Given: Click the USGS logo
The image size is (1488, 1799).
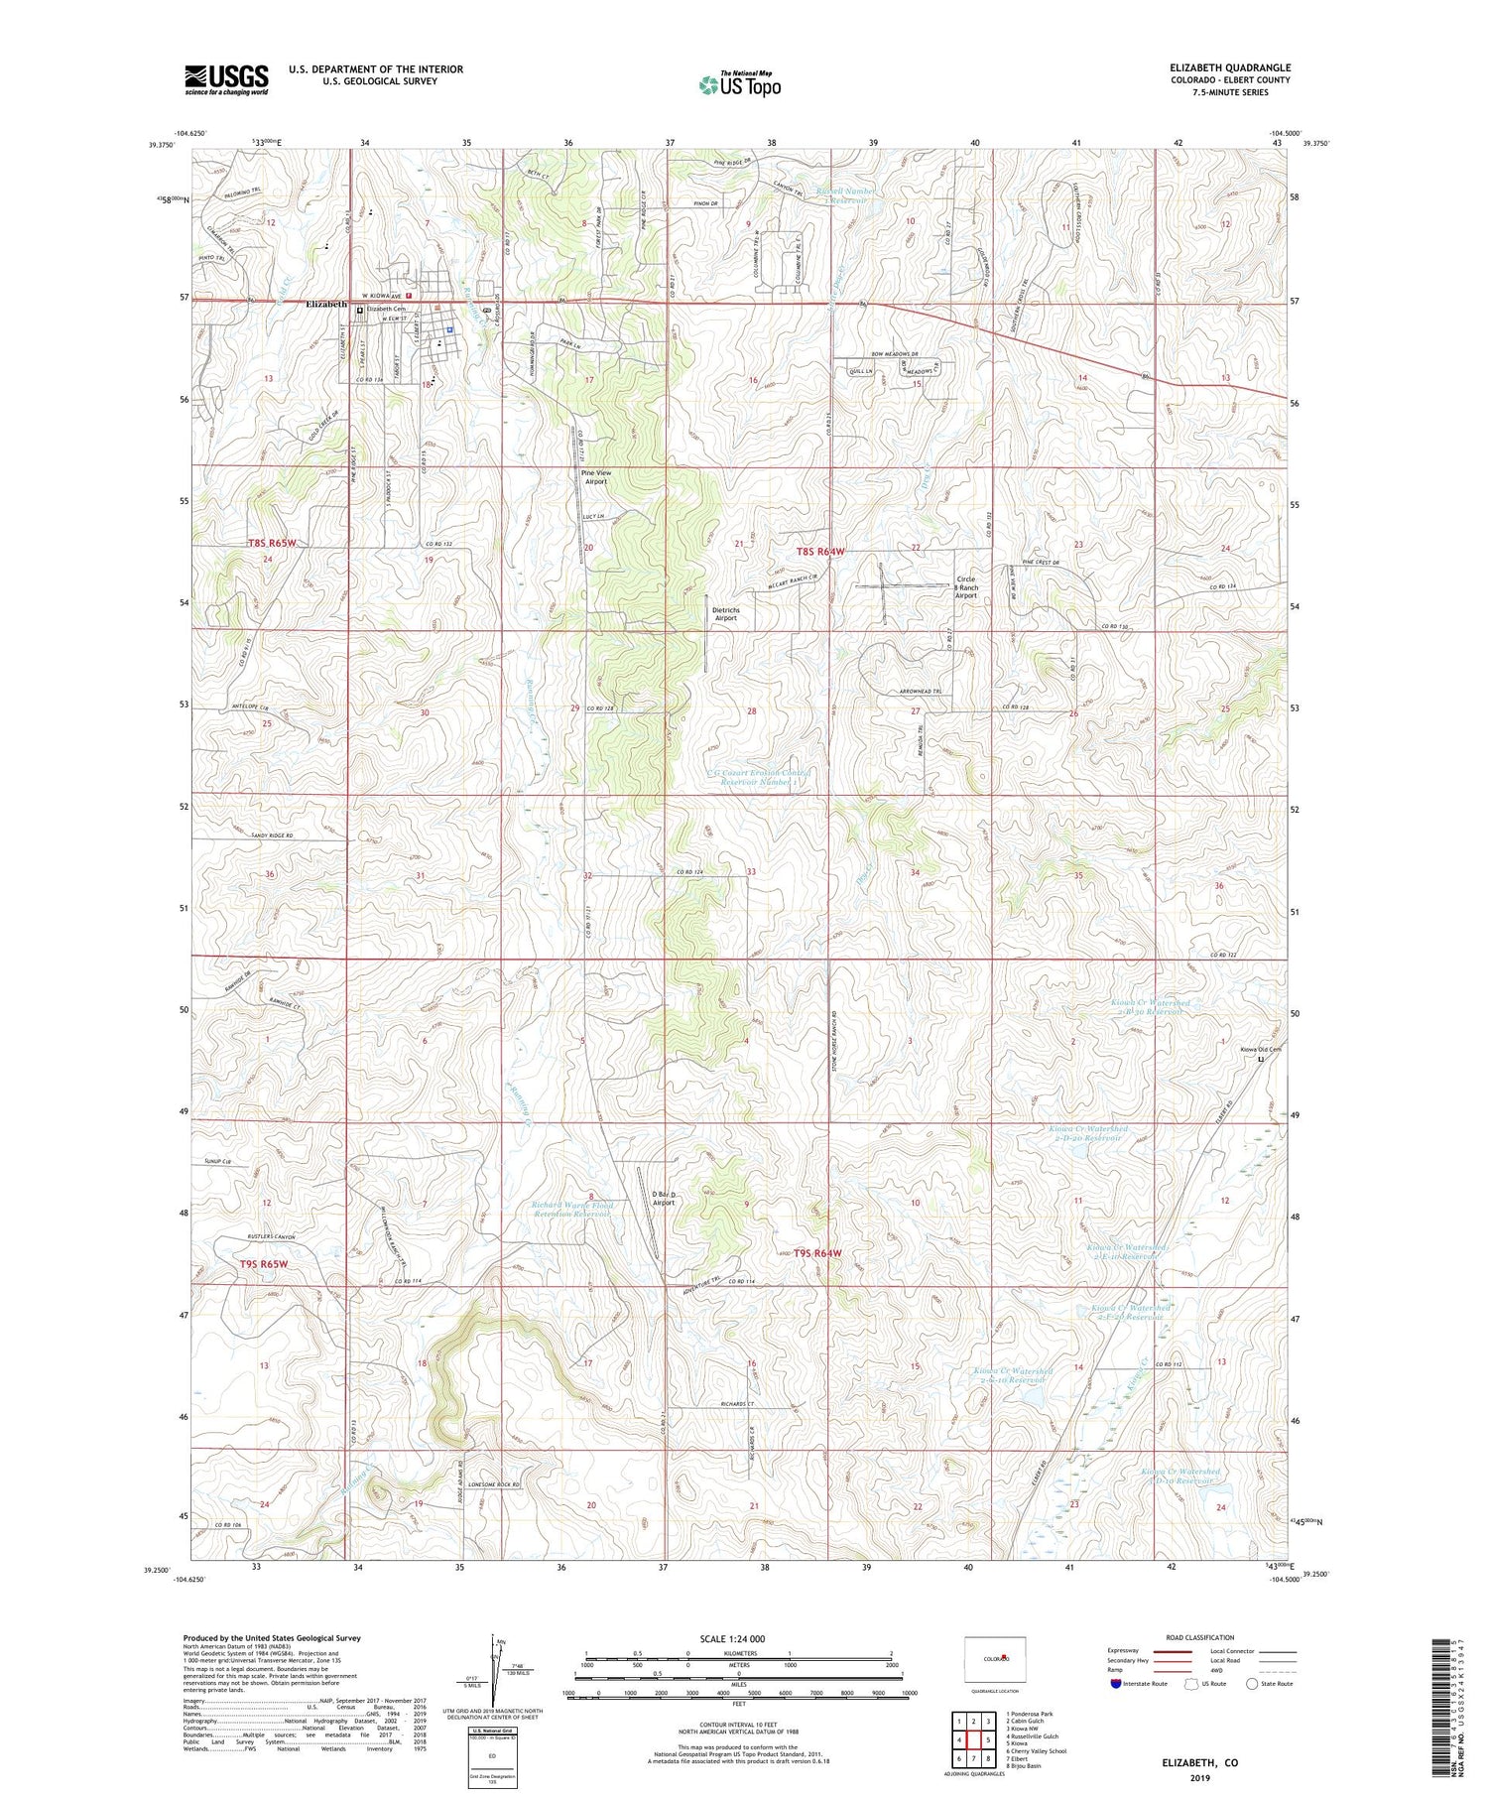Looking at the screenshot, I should point(226,79).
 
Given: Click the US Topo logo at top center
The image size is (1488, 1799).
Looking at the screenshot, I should point(739,84).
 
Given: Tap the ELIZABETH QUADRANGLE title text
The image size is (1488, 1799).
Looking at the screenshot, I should point(1229,67).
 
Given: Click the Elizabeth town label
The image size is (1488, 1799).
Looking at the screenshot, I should point(326,305).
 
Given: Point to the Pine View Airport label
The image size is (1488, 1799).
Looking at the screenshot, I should point(596,477).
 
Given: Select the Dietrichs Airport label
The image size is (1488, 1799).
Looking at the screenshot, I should point(725,613).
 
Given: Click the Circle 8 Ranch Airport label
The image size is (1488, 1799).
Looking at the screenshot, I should point(965,587).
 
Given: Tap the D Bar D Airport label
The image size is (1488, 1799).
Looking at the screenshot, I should point(664,1198).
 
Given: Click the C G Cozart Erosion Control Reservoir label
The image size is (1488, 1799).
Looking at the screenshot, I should point(759,777).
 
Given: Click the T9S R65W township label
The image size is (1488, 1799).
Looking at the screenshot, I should point(263,1264).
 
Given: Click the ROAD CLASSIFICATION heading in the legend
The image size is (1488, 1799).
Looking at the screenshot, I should point(1200,1637).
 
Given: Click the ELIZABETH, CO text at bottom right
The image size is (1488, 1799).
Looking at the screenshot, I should point(1199,1763).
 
